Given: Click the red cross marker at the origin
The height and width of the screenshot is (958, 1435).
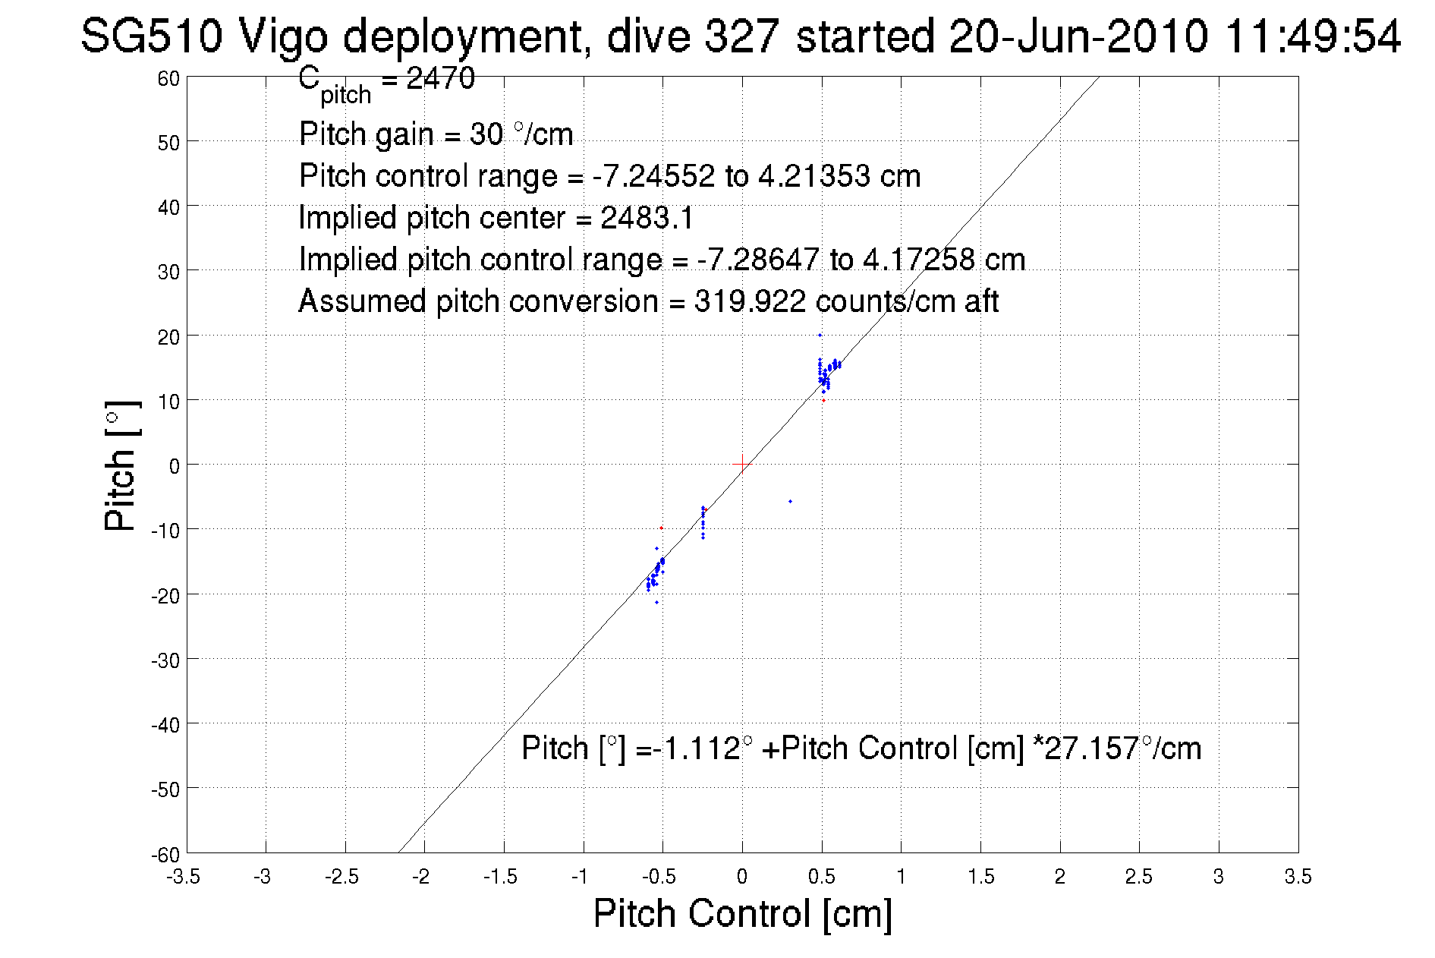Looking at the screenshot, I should (742, 464).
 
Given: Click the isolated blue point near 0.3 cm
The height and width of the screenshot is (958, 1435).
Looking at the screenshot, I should (790, 501).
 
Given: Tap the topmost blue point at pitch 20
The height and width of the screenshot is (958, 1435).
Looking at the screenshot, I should (820, 335).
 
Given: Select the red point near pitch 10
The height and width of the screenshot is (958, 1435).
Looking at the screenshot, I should (823, 400).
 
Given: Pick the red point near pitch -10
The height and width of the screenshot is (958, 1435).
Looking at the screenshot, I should (661, 528).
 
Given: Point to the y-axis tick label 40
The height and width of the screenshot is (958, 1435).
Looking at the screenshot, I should (168, 206).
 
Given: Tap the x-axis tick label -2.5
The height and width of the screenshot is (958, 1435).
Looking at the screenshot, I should (342, 877).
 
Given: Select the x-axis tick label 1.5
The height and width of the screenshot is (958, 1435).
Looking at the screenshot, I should (981, 877).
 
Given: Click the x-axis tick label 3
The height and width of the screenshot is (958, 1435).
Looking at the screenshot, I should (1219, 877).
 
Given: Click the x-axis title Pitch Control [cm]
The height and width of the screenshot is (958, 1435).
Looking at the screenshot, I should (742, 913).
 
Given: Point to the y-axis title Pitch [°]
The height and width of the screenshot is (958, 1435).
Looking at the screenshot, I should (121, 465).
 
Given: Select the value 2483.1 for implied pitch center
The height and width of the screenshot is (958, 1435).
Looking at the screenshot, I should (647, 219).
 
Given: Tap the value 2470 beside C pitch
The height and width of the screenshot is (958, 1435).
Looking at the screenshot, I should (441, 78).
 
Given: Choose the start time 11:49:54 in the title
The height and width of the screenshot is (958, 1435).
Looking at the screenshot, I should (1312, 36).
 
